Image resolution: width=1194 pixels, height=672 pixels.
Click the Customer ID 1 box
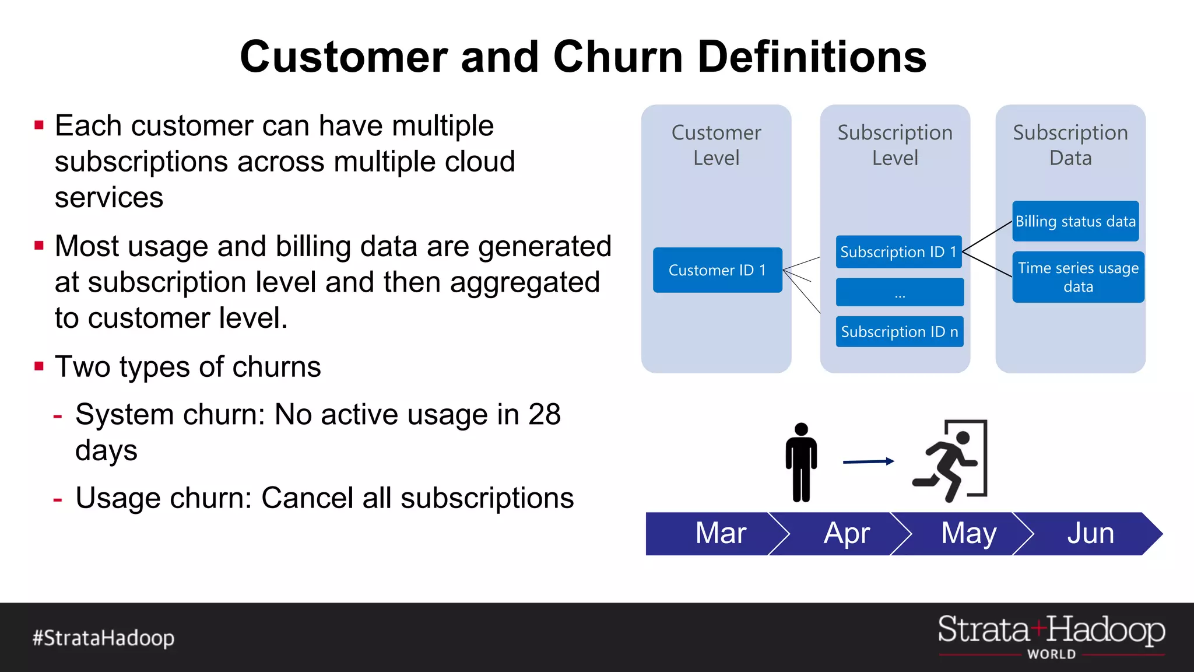pyautogui.click(x=717, y=270)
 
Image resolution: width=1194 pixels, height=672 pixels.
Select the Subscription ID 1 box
pyautogui.click(x=898, y=252)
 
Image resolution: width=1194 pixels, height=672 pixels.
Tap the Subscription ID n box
pyautogui.click(x=899, y=332)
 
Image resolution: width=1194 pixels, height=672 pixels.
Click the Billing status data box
pyautogui.click(x=1075, y=222)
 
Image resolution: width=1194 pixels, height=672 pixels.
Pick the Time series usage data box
pyautogui.click(x=1078, y=277)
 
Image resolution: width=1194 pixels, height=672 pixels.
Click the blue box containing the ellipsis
pyautogui.click(x=900, y=292)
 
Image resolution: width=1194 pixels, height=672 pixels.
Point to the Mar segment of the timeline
pyautogui.click(x=720, y=533)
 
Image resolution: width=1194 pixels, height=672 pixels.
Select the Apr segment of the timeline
pyautogui.click(x=847, y=533)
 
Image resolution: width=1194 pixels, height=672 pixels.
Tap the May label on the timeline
pyautogui.click(x=968, y=533)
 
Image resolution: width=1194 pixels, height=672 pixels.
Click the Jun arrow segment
pyautogui.click(x=1090, y=533)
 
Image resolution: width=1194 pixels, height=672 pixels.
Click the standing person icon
pyautogui.click(x=801, y=462)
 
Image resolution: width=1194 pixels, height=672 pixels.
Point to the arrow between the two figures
pyautogui.click(x=868, y=461)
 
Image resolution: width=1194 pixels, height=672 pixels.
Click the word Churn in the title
pyautogui.click(x=618, y=57)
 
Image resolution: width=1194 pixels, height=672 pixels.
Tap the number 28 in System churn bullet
pyautogui.click(x=544, y=415)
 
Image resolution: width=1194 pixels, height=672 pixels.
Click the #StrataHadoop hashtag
pyautogui.click(x=103, y=638)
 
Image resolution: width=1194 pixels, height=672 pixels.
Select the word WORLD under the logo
pyautogui.click(x=1051, y=654)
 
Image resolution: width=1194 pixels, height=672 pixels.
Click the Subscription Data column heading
pyautogui.click(x=1070, y=145)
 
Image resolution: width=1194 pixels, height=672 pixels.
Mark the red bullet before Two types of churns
pyautogui.click(x=39, y=366)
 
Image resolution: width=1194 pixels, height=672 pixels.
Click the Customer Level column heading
pyautogui.click(x=716, y=145)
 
